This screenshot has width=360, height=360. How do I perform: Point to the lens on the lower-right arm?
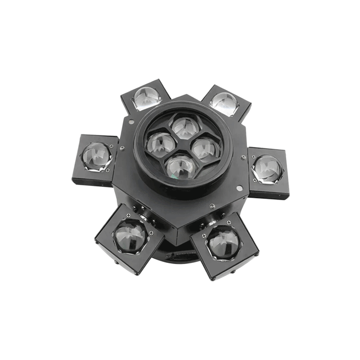pos(224,243)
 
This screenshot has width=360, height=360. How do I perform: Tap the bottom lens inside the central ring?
pos(180,167)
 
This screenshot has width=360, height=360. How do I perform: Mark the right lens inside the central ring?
pos(206,149)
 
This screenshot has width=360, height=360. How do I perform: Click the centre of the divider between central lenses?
pos(184,146)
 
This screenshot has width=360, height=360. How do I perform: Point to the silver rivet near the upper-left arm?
pos(130,121)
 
